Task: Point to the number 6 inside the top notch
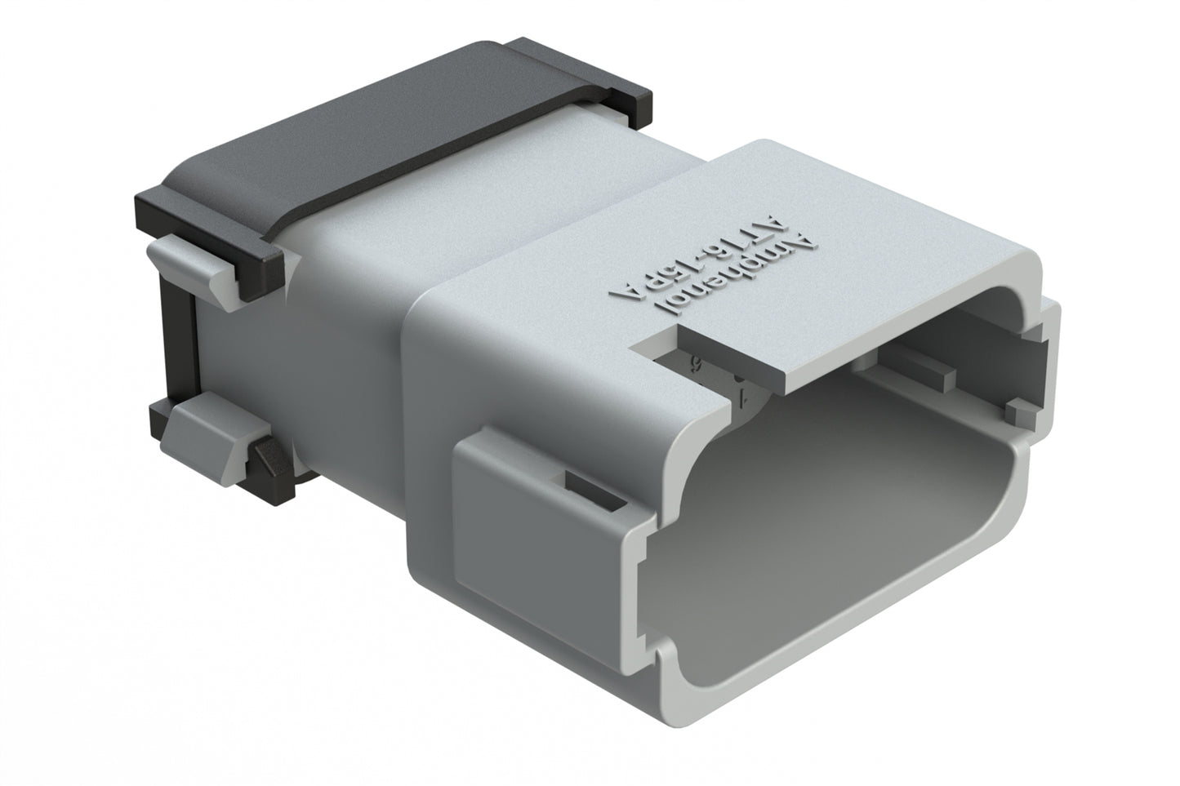(697, 364)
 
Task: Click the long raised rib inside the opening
(906, 367)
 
